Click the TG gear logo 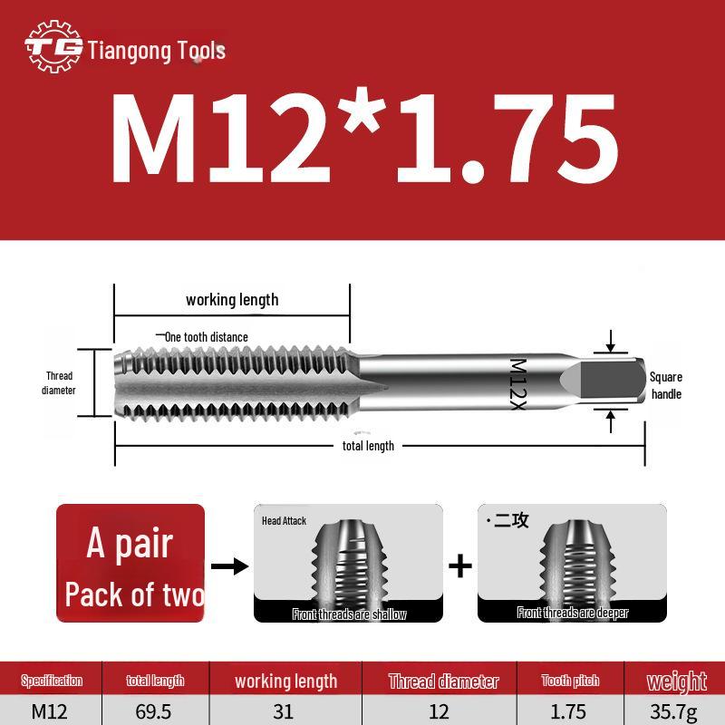click(x=53, y=46)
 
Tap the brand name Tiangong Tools click(x=157, y=51)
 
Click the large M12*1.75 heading click(x=364, y=139)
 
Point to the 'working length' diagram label click(x=232, y=300)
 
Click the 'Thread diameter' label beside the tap click(x=59, y=382)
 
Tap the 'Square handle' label click(x=666, y=386)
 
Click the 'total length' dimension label click(x=368, y=446)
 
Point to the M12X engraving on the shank click(x=517, y=384)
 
